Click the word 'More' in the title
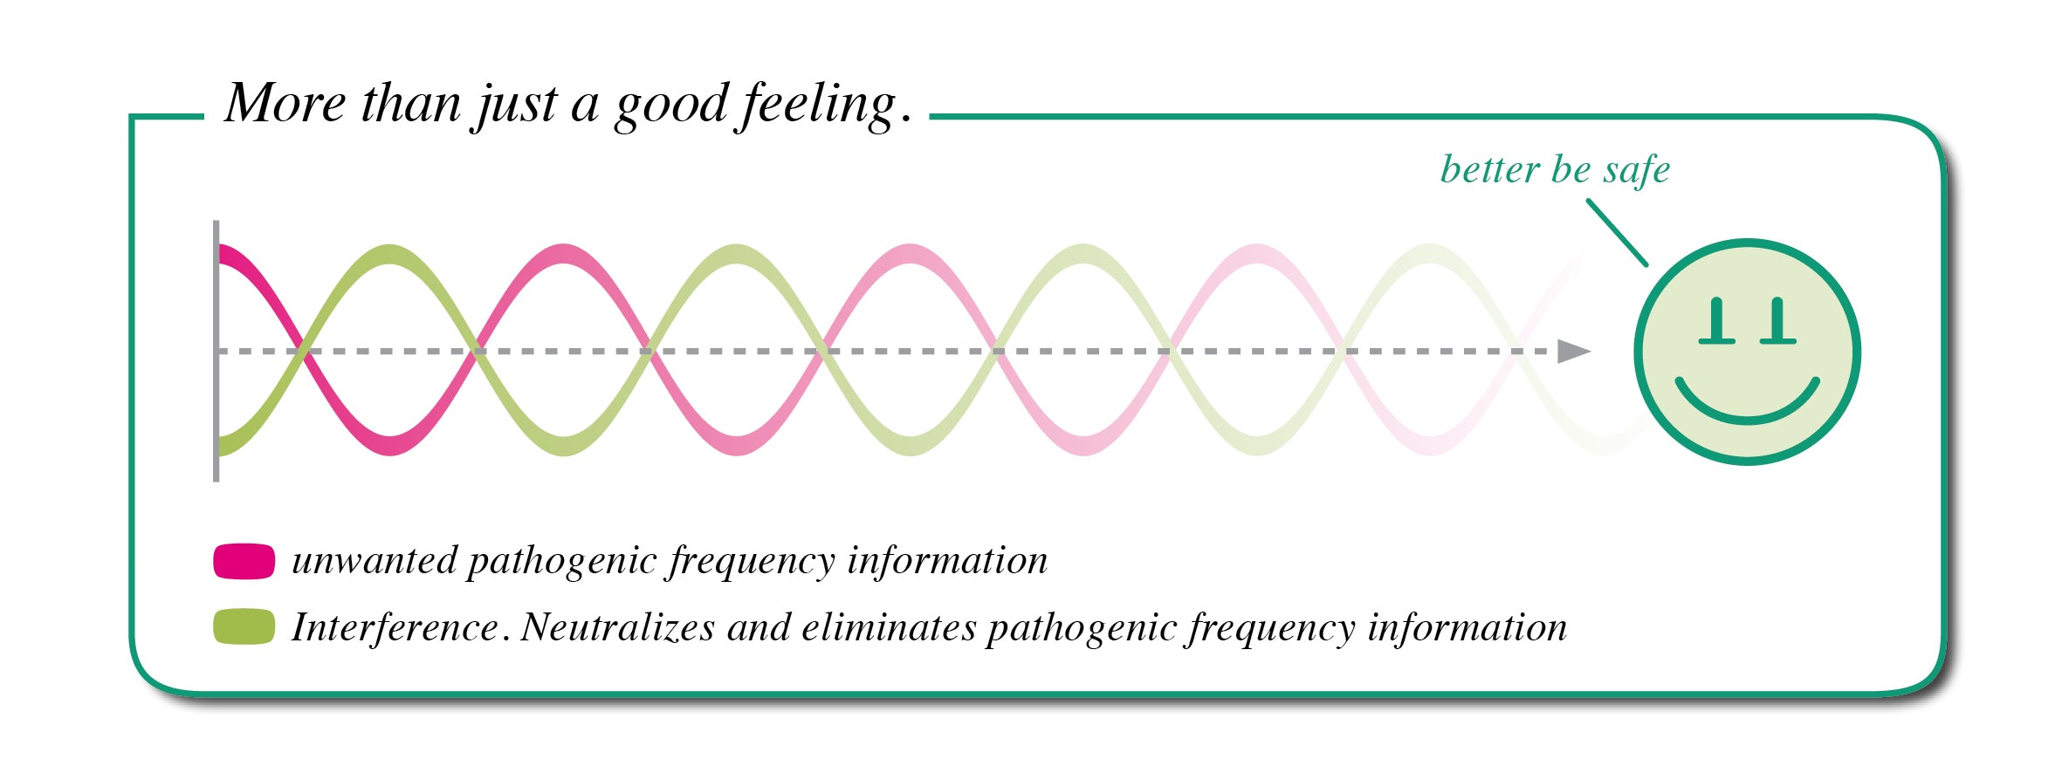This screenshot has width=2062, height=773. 285,104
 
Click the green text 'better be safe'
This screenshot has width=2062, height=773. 1555,168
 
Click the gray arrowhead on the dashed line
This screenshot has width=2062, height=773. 1574,352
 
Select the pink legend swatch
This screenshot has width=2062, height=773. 244,561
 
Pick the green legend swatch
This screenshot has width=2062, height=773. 244,626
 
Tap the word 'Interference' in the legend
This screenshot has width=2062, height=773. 395,627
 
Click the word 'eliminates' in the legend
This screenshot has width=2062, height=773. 889,627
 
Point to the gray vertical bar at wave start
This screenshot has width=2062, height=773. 216,351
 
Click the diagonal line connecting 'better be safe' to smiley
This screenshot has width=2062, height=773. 1617,232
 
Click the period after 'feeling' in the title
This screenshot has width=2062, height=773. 906,119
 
